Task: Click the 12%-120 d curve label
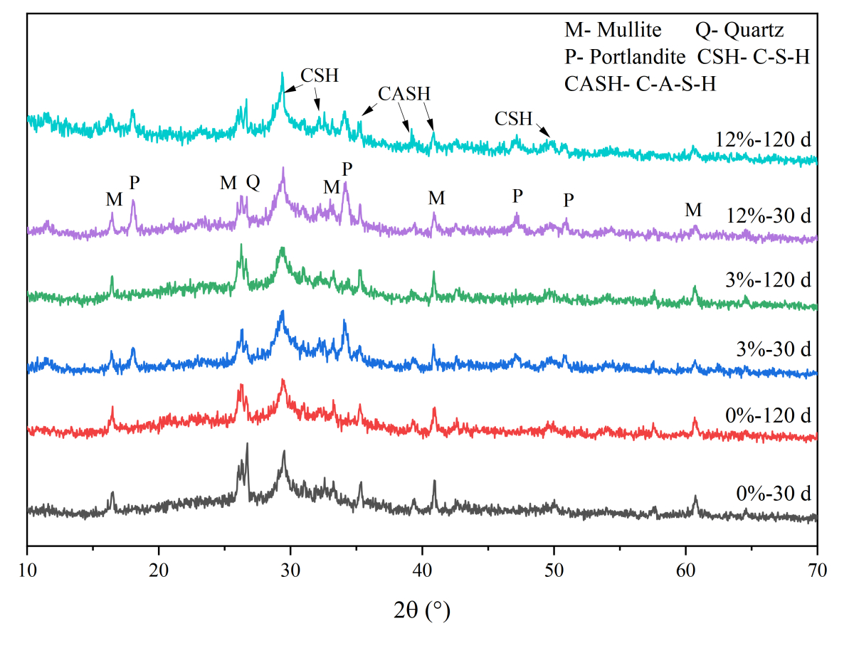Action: click(x=770, y=139)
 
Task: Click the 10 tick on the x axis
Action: click(x=27, y=569)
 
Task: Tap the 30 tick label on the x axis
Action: click(x=290, y=569)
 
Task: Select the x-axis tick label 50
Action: click(x=554, y=569)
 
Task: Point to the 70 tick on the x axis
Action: click(x=817, y=569)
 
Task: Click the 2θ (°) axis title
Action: click(x=422, y=610)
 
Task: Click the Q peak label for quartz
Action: click(x=253, y=183)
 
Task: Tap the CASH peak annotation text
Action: click(x=404, y=94)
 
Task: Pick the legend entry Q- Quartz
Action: click(x=739, y=30)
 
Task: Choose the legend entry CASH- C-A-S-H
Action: click(x=640, y=84)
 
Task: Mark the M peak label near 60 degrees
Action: click(x=693, y=210)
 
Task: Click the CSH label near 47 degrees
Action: click(x=515, y=119)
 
